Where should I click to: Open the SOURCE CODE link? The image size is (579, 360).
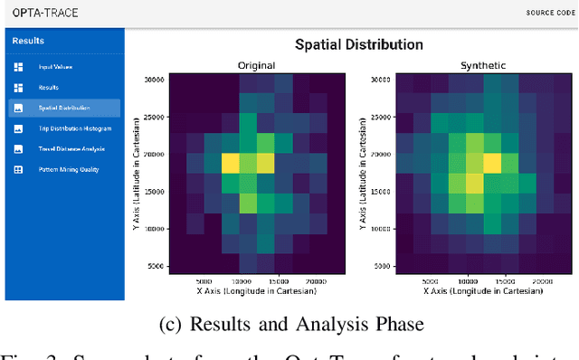(x=548, y=13)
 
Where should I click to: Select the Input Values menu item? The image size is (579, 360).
(x=55, y=67)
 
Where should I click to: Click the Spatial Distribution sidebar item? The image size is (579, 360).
(x=64, y=108)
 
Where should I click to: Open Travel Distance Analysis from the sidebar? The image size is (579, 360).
(x=71, y=148)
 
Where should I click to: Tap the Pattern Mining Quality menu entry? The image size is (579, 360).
(x=69, y=169)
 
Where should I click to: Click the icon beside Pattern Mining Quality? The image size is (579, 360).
(x=17, y=169)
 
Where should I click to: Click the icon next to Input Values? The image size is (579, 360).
(x=17, y=67)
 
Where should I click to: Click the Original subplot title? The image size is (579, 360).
(x=258, y=65)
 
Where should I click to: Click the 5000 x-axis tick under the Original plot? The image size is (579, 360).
(x=204, y=280)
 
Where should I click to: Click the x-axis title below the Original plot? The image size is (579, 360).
(x=258, y=291)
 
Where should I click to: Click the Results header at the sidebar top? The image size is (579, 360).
(x=28, y=41)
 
